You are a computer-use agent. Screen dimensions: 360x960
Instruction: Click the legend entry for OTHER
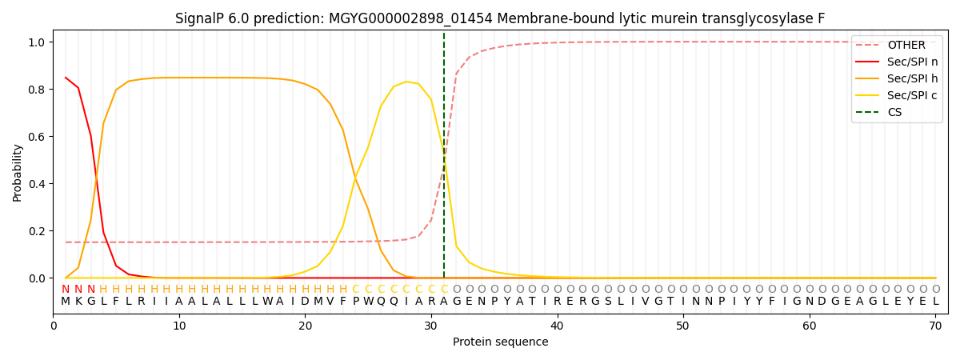(x=906, y=46)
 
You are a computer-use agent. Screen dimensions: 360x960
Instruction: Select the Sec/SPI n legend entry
(x=912, y=62)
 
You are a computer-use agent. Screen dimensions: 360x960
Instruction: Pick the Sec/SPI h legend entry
(x=912, y=79)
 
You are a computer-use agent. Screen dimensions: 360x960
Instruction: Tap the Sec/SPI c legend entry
(x=912, y=96)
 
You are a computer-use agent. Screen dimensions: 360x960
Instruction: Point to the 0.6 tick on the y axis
(x=38, y=137)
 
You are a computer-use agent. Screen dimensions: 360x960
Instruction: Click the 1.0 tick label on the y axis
(x=38, y=42)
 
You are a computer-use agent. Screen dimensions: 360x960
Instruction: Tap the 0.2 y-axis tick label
(x=38, y=231)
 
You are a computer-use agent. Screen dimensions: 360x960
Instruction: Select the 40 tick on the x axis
(x=557, y=326)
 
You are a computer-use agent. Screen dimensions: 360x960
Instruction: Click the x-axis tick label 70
(x=935, y=326)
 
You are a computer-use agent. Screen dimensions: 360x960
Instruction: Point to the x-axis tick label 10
(x=179, y=326)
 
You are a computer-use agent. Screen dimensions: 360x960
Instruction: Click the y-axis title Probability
(x=18, y=173)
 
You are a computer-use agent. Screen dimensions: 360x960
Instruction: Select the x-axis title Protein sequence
(x=500, y=342)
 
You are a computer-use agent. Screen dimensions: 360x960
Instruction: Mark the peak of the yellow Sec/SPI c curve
(x=406, y=82)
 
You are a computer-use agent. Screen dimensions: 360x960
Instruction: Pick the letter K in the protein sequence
(x=78, y=302)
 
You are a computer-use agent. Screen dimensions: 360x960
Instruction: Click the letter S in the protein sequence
(x=607, y=302)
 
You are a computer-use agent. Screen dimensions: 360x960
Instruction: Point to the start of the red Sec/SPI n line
(x=66, y=78)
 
